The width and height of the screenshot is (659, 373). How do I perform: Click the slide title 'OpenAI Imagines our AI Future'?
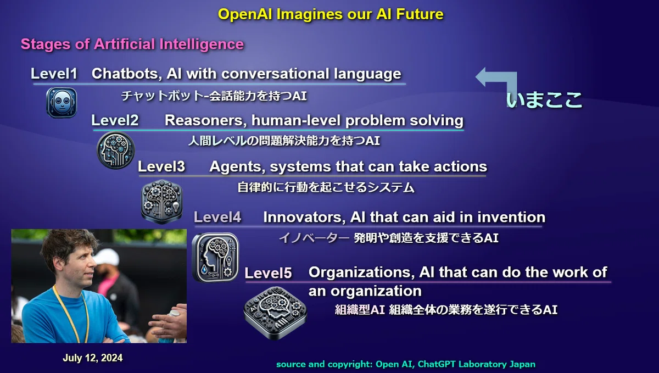[x=331, y=14]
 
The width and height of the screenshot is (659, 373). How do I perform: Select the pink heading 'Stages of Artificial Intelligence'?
[x=132, y=44]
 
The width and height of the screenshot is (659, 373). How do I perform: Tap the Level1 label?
[x=54, y=73]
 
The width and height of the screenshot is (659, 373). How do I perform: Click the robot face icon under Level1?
[x=62, y=102]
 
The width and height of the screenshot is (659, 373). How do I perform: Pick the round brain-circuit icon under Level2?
[x=116, y=150]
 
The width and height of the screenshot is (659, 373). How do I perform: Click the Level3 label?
[x=161, y=166]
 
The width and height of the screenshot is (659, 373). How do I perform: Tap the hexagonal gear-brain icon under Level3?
[x=162, y=202]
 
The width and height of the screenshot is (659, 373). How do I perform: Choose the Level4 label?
[x=217, y=218]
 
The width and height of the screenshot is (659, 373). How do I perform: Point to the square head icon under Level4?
[x=215, y=257]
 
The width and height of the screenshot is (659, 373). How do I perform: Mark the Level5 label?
[x=269, y=272]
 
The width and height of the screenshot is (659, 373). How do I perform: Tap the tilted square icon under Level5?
[x=275, y=313]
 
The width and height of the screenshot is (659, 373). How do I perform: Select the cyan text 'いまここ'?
[x=544, y=100]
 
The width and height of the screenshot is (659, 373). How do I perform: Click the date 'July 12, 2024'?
[x=93, y=358]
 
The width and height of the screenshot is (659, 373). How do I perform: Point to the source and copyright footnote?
[x=406, y=364]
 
